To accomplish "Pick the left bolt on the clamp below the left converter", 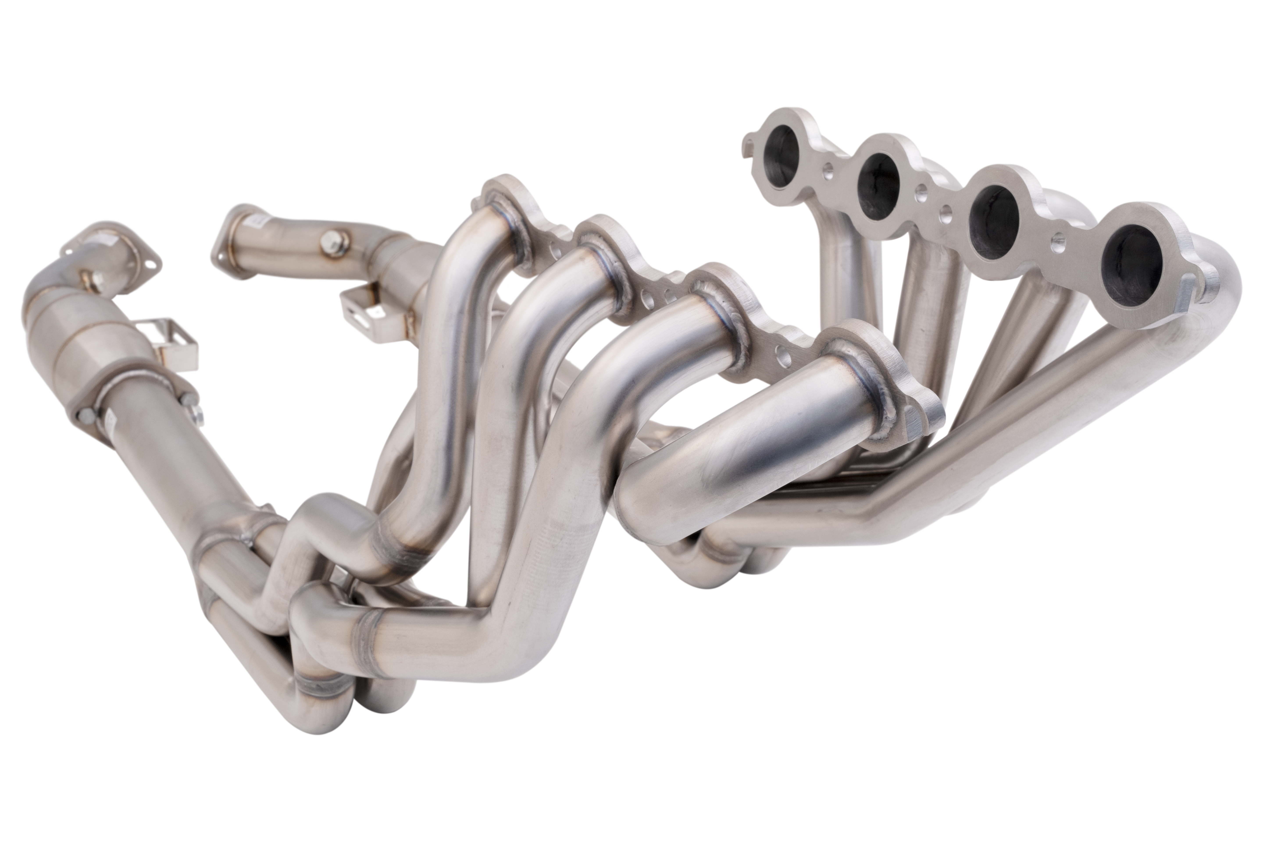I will coord(86,415).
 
